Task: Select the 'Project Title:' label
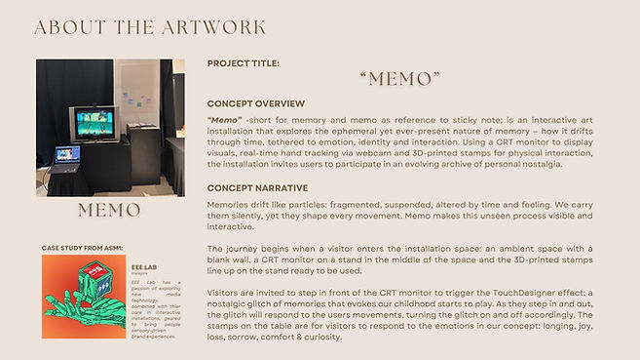tap(244, 63)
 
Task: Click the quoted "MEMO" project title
tap(399, 79)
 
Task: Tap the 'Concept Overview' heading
tap(256, 103)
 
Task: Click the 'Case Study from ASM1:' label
tap(82, 249)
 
